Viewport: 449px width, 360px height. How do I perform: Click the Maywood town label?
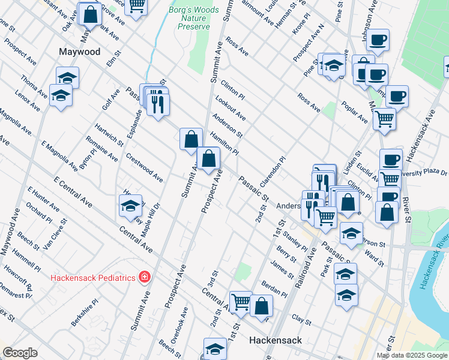click(x=79, y=52)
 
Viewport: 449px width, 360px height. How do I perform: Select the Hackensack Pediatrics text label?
click(x=92, y=277)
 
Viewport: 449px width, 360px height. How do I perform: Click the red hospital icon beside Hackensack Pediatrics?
click(x=145, y=277)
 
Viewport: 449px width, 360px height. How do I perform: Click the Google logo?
click(x=20, y=353)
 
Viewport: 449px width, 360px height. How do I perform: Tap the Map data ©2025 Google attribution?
click(x=412, y=355)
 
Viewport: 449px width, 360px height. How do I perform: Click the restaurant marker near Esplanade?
click(x=158, y=104)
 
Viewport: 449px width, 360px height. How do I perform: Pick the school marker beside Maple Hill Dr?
click(x=130, y=206)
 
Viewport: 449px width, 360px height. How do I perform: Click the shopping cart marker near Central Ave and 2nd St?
click(x=240, y=302)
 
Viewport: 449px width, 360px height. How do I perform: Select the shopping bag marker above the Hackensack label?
click(x=261, y=305)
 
